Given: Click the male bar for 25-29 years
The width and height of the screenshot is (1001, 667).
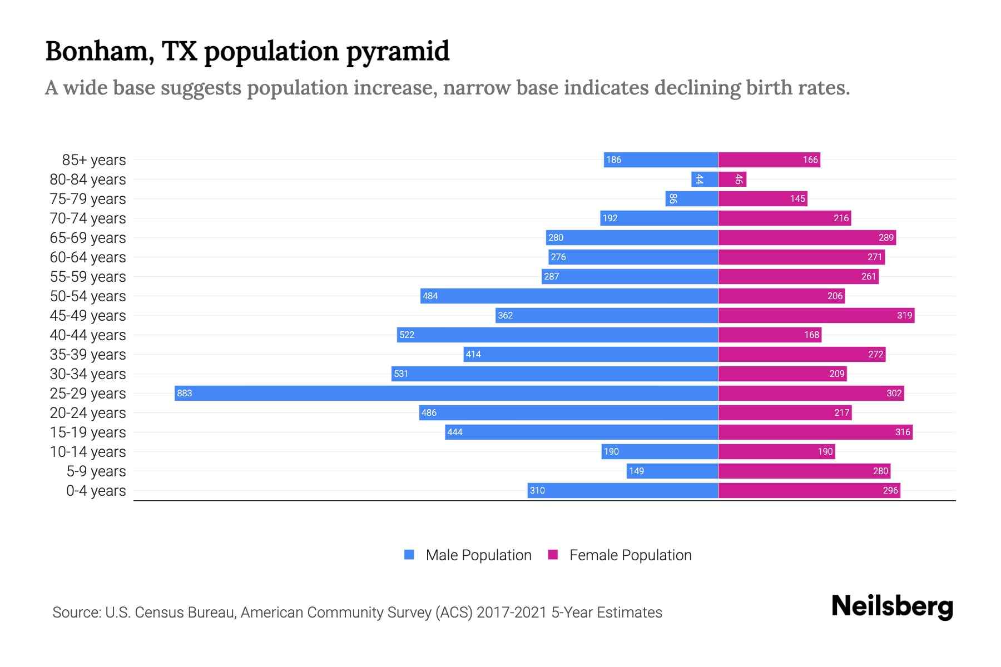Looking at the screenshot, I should [x=445, y=393].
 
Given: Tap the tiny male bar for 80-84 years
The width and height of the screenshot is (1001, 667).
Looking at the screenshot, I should [x=705, y=179].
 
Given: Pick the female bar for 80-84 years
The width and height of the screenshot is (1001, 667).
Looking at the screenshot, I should [x=732, y=179].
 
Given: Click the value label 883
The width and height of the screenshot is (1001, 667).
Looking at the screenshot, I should [x=184, y=393].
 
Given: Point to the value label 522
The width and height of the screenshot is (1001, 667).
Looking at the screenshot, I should [x=407, y=335].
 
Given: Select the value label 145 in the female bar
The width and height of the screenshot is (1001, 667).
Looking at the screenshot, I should [x=797, y=198].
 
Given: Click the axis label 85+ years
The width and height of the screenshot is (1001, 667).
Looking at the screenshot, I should [x=94, y=160].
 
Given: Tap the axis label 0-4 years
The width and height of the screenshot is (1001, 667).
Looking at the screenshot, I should [x=96, y=491].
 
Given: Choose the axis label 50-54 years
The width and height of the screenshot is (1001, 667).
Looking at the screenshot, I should [x=88, y=296].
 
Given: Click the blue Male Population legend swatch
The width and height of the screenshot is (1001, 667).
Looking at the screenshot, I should [x=409, y=555].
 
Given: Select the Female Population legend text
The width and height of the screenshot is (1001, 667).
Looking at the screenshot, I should [x=630, y=555].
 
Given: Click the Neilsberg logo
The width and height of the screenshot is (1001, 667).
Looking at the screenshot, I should [x=892, y=606].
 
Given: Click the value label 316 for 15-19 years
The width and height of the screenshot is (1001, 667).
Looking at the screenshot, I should [x=903, y=432].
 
